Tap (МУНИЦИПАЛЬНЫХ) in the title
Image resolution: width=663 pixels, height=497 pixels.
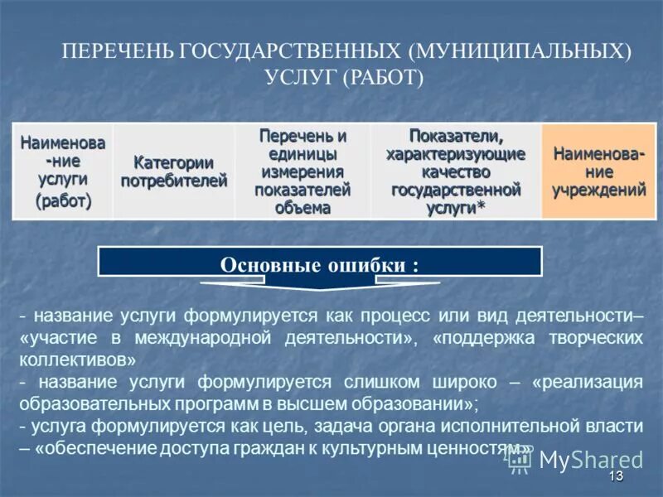519,51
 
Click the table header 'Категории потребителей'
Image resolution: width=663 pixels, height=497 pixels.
173,171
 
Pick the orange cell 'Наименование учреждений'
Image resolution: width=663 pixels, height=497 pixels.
599,171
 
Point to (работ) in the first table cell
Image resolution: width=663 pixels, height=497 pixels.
62,201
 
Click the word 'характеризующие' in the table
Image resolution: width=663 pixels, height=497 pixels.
456,153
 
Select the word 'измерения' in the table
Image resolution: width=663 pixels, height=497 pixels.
302,171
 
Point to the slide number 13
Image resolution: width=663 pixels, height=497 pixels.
615,476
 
